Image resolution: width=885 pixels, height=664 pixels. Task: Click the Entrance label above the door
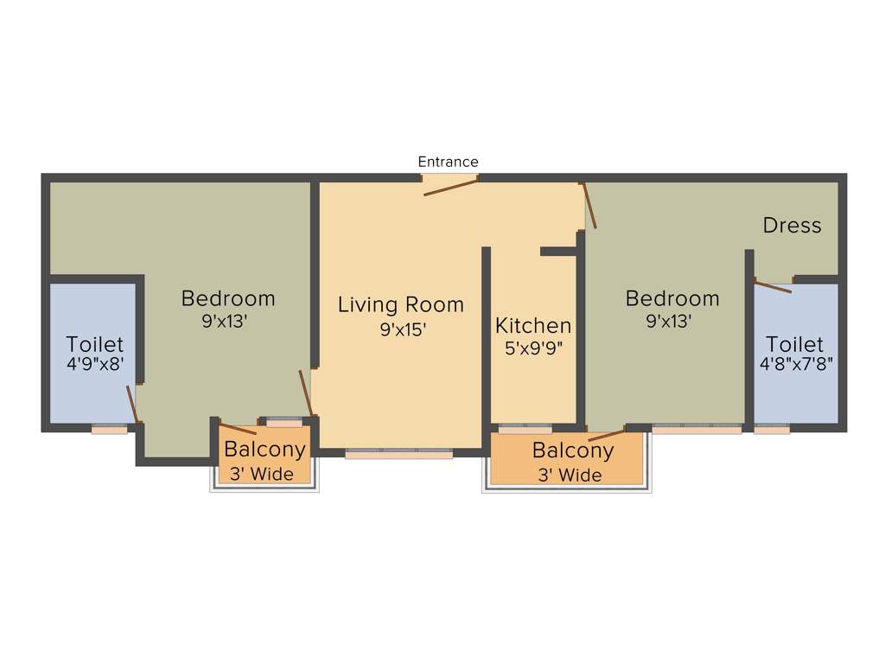448,162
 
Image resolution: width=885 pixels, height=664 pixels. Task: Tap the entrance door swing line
450,188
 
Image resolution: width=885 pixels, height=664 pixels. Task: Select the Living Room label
400,304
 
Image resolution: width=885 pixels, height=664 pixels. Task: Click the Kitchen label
533,326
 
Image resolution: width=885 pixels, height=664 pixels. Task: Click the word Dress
792,226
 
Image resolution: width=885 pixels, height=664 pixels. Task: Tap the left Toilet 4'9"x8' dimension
95,365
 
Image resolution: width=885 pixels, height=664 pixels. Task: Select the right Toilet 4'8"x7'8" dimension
796,365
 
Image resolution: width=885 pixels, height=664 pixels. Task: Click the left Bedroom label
228,298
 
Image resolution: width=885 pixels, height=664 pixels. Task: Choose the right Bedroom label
672,298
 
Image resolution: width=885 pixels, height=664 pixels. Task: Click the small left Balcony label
264,450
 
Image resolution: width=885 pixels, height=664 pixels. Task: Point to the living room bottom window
398,452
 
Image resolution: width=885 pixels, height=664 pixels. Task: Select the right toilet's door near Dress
773,286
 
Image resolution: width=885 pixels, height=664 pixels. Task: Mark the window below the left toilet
109,428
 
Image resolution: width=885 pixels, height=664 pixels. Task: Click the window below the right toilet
771,428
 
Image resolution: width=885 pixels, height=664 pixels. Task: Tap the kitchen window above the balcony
525,427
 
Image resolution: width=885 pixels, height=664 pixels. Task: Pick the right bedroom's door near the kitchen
589,206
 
